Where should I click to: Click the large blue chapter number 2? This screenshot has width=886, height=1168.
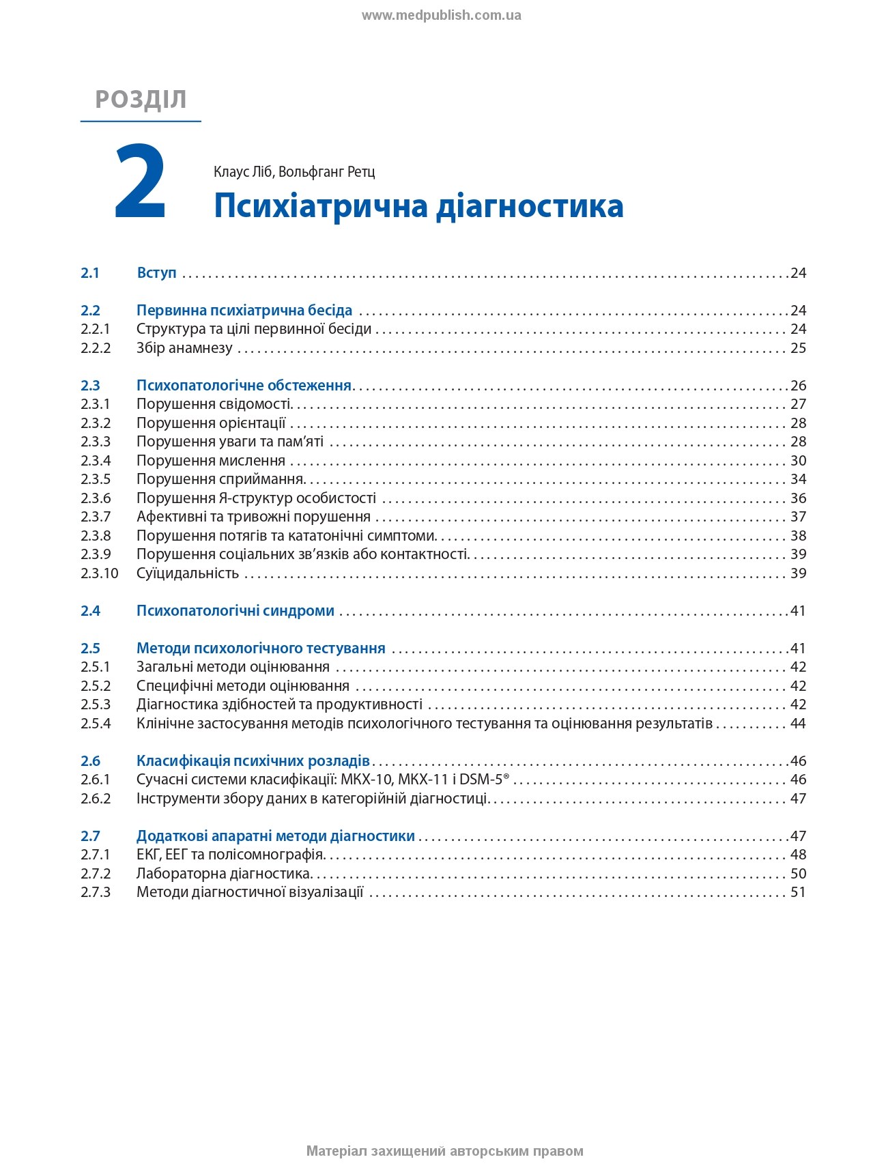pyautogui.click(x=140, y=182)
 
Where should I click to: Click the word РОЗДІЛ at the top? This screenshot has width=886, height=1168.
pyautogui.click(x=141, y=100)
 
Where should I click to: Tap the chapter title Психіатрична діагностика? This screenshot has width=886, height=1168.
pyautogui.click(x=418, y=206)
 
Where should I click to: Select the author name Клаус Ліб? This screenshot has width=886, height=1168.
pyautogui.click(x=243, y=171)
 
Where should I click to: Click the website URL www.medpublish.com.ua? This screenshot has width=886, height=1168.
pyautogui.click(x=441, y=16)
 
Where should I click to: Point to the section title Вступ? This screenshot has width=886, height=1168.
pyautogui.click(x=156, y=273)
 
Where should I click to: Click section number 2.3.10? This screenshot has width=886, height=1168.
pyautogui.click(x=100, y=573)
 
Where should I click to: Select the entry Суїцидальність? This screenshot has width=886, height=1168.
pyautogui.click(x=188, y=573)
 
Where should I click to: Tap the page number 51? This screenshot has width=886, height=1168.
pyautogui.click(x=798, y=892)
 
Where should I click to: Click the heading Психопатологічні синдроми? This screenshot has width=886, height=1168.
pyautogui.click(x=235, y=611)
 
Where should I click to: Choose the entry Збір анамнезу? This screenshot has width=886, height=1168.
pyautogui.click(x=184, y=348)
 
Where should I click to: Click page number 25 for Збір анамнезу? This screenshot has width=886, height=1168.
pyautogui.click(x=798, y=348)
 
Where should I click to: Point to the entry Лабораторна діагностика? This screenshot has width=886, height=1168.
pyautogui.click(x=224, y=874)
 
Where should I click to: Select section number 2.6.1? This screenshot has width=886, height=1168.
pyautogui.click(x=96, y=780)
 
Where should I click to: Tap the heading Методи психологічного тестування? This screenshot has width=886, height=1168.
pyautogui.click(x=261, y=649)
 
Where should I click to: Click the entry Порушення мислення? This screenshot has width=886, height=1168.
pyautogui.click(x=211, y=461)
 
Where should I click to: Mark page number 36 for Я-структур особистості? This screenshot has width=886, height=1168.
pyautogui.click(x=798, y=498)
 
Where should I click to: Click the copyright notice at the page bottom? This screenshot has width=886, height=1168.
pyautogui.click(x=444, y=1152)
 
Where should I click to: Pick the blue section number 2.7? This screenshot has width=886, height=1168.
pyautogui.click(x=90, y=836)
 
